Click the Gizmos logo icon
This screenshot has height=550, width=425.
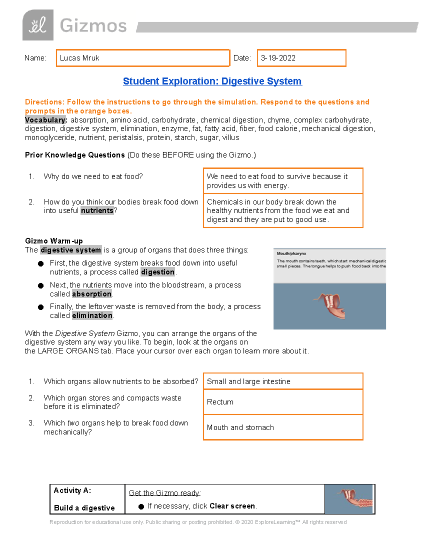38,25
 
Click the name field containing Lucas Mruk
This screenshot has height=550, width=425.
143,58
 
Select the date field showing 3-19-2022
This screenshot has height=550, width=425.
301,58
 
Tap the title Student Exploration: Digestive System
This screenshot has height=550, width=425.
212,81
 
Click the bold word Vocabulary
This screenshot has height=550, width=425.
46,120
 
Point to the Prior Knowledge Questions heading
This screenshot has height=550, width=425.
75,155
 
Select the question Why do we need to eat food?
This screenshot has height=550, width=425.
93,176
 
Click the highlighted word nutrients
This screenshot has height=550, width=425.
97,211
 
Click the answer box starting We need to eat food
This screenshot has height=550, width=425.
283,181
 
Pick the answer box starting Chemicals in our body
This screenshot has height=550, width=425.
283,211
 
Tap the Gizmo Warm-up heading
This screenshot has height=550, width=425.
54,241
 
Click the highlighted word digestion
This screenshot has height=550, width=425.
158,272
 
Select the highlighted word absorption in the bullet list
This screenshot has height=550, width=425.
92,294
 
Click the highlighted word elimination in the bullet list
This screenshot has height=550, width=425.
92,316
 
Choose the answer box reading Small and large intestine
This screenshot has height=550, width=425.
283,381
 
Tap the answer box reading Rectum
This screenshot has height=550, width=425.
283,402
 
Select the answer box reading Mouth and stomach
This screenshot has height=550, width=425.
283,427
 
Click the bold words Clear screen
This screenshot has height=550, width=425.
232,506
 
